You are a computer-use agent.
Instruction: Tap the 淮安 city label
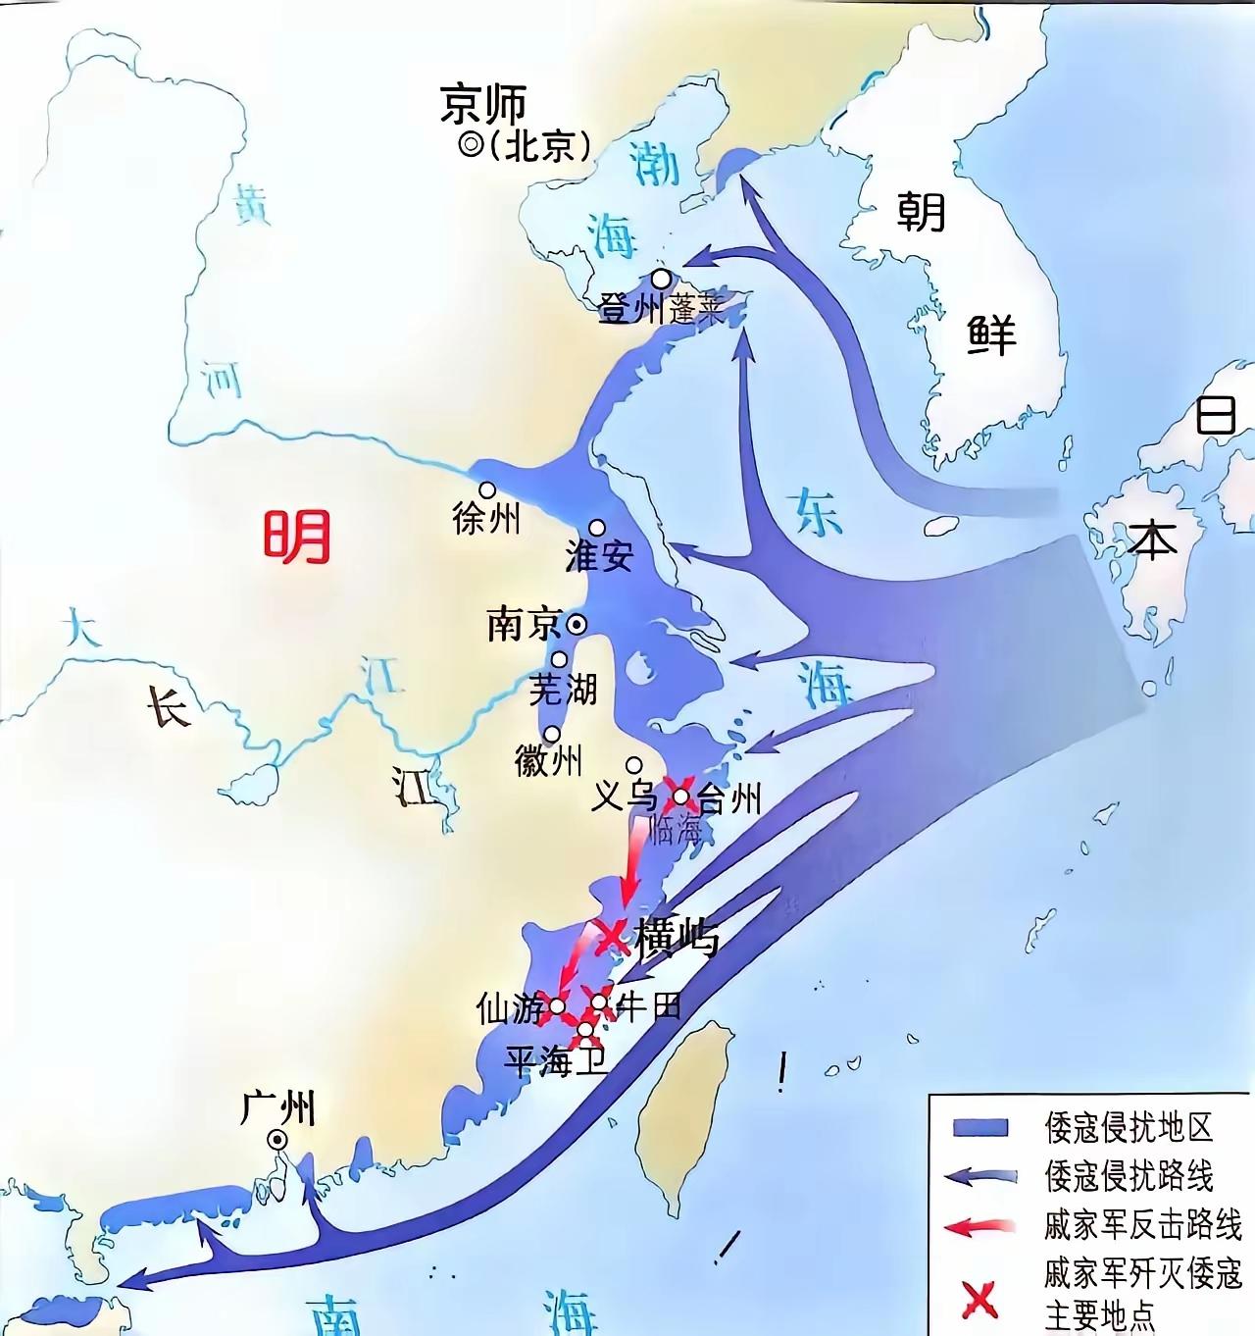(600, 555)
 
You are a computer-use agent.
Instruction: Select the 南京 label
(524, 625)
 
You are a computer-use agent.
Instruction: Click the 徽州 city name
(548, 760)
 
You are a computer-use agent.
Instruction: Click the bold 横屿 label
(678, 938)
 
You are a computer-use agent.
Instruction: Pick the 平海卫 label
(556, 1061)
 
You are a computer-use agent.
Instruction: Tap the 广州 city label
(278, 1108)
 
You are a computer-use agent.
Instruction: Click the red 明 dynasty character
(296, 537)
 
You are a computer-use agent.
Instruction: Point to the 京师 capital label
(483, 104)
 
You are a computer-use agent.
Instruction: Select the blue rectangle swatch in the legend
(980, 1127)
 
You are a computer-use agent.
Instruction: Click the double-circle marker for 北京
(471, 145)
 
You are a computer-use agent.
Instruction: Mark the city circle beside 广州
(278, 1139)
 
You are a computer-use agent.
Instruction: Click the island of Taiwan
(686, 1108)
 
